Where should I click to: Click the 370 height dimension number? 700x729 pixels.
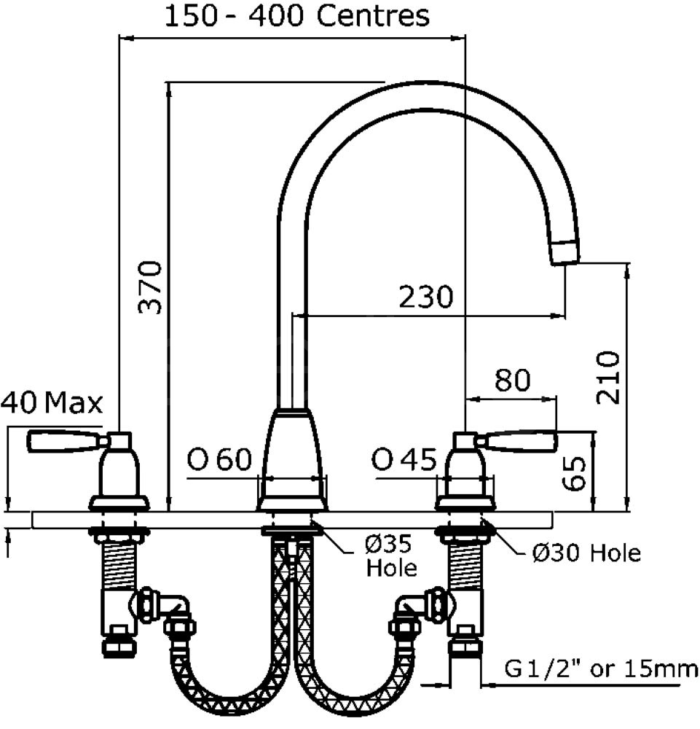(x=150, y=287)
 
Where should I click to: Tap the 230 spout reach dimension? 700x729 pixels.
(x=426, y=297)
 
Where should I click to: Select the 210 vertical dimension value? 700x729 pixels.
(x=608, y=377)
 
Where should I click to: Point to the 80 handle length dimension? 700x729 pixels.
(x=512, y=380)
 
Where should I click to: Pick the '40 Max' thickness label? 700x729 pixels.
(x=52, y=402)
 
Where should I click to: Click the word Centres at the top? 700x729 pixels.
(x=373, y=16)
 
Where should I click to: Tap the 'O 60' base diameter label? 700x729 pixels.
(x=219, y=459)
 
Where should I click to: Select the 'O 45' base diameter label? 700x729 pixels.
(x=404, y=459)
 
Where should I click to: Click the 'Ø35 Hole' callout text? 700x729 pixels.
(x=391, y=555)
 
